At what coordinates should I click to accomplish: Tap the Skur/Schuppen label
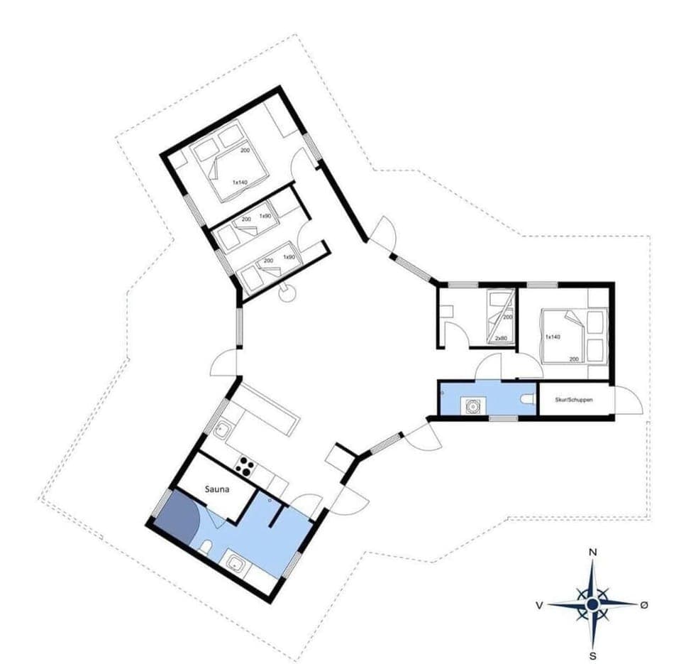point(574,401)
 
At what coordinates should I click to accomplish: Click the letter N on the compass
point(593,552)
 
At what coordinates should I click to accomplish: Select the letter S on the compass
point(592,655)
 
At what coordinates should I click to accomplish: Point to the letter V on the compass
point(540,605)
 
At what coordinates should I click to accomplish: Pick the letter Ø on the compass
point(644,604)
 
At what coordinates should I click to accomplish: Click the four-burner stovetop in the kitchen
point(245,466)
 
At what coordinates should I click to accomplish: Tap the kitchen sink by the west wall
point(223,428)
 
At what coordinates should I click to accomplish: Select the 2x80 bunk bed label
point(501,338)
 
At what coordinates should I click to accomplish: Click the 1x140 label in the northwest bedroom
point(240,183)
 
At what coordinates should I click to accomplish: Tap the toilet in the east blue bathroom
point(526,401)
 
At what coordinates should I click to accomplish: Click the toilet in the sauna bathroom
point(206,547)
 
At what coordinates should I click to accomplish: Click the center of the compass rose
point(592,604)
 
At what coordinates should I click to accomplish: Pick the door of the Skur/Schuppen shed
point(626,401)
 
